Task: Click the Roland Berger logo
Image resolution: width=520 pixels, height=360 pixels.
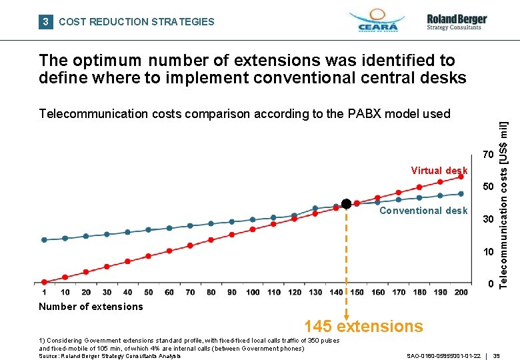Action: [x=457, y=21]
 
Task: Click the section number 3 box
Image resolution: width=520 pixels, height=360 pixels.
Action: [x=45, y=22]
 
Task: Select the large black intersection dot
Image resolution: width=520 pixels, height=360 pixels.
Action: [x=346, y=203]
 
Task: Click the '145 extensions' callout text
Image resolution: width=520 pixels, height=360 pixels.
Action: [x=363, y=326]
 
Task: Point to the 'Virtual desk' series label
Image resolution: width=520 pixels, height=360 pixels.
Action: [x=439, y=171]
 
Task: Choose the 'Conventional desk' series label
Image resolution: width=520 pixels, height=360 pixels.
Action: [x=423, y=211]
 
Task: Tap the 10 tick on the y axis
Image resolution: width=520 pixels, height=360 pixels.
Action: [x=489, y=253]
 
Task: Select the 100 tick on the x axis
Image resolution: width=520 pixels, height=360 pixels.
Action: [x=253, y=292]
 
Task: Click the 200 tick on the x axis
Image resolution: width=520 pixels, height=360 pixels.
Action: [x=461, y=292]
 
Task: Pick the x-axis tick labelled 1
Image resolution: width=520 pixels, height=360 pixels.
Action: [x=44, y=292]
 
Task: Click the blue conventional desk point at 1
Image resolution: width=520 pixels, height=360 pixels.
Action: [x=44, y=239]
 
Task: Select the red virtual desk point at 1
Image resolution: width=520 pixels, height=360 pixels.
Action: [x=44, y=282]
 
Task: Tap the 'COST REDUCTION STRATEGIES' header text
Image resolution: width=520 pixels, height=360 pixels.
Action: [x=137, y=22]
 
